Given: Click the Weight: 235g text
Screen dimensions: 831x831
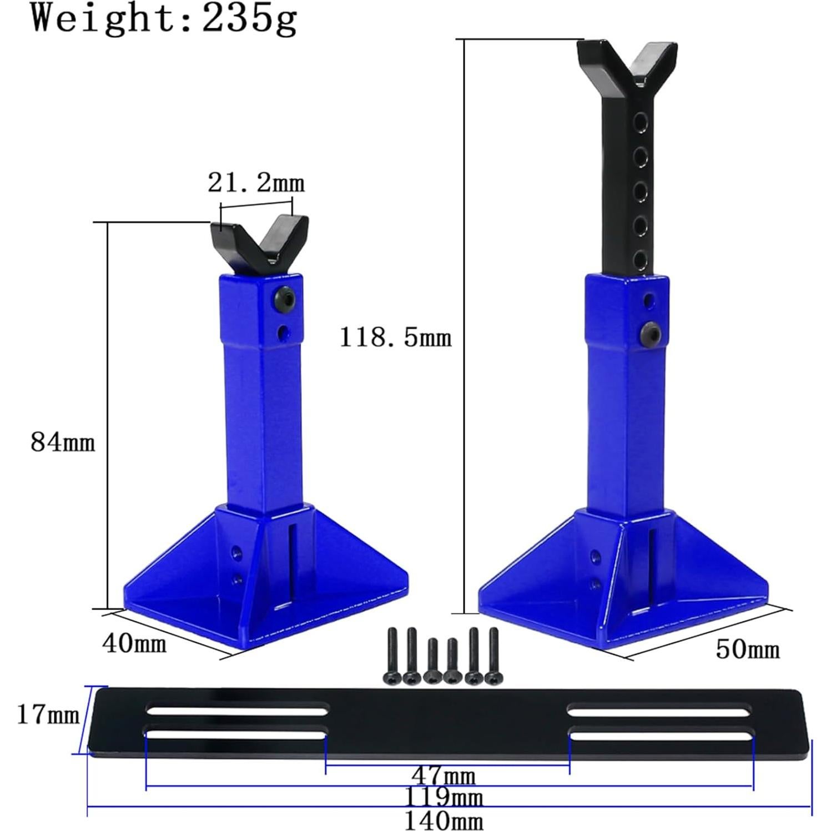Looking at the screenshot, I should click(x=164, y=19).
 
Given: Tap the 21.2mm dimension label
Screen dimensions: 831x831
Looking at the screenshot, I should click(x=256, y=183).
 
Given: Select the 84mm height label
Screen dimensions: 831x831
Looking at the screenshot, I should click(x=63, y=443).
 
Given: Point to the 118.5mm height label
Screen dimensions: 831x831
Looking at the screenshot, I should click(x=395, y=337).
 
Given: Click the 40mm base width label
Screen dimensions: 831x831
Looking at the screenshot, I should click(x=134, y=643).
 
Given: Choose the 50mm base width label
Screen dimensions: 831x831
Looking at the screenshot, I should click(x=748, y=649).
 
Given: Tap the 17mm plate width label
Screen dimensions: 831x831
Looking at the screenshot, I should click(x=48, y=715).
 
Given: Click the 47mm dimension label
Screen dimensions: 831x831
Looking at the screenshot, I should click(x=443, y=775).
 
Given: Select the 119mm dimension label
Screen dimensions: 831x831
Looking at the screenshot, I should click(x=443, y=798).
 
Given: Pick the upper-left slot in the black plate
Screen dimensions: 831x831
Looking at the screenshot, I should click(x=237, y=709).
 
